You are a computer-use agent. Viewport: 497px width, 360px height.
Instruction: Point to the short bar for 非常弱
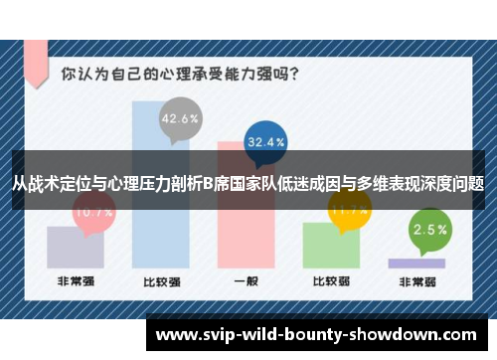tap(415, 264)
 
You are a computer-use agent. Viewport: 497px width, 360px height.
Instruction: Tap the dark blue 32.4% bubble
tap(266, 142)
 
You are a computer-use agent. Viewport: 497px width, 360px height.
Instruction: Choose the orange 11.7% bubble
tap(350, 210)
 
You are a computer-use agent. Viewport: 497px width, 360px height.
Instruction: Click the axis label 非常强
tap(76, 282)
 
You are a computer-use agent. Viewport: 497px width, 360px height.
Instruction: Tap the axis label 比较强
tap(160, 282)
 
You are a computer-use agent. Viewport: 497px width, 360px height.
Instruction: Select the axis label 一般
tap(245, 282)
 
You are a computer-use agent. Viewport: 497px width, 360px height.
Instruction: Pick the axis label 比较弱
tap(330, 282)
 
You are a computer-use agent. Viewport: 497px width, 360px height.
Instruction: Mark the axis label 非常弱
tap(415, 282)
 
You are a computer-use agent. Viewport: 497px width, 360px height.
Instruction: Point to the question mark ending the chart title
tap(298, 74)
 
